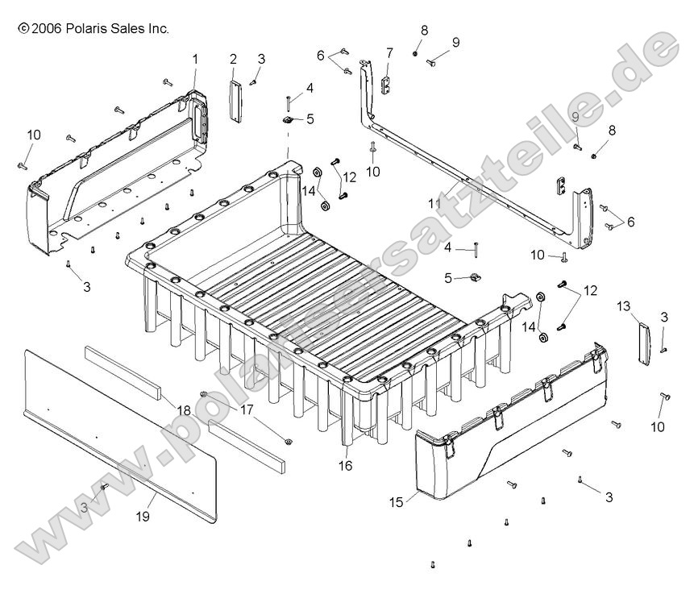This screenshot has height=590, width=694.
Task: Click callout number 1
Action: tap(194, 58)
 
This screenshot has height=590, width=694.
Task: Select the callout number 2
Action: tap(233, 58)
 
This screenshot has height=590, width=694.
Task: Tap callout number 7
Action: tap(389, 53)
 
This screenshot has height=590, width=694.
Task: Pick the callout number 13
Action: tap(623, 305)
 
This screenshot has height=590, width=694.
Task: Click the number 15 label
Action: tap(396, 501)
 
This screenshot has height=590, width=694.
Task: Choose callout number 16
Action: tap(346, 465)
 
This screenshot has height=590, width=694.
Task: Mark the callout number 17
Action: tap(246, 409)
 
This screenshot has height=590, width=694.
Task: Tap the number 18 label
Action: tap(184, 410)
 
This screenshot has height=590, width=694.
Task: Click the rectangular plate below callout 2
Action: tap(234, 101)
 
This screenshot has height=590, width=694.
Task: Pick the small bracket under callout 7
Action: tap(385, 84)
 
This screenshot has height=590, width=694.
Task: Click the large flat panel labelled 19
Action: tap(121, 435)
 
